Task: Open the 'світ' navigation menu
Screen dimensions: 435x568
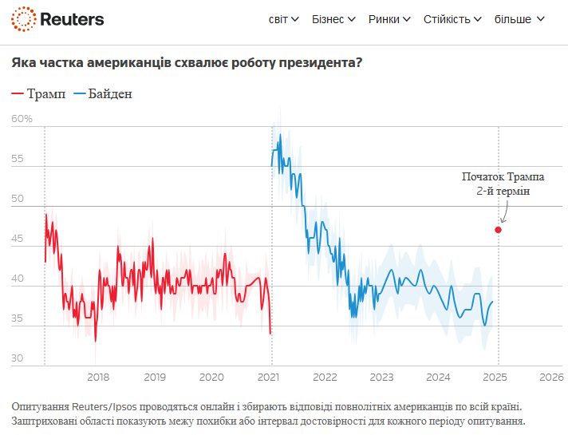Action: tap(283, 19)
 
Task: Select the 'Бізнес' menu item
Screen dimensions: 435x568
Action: tap(334, 19)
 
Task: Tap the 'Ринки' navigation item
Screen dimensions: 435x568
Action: tap(389, 19)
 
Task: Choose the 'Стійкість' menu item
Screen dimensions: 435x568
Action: tap(452, 19)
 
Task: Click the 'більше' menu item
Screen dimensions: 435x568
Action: tap(519, 19)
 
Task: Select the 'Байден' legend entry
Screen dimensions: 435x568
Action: tap(102, 94)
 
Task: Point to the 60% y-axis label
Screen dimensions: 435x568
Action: tap(22, 119)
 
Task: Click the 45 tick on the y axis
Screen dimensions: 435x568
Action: tap(18, 239)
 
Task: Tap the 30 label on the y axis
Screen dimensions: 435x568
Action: tap(18, 358)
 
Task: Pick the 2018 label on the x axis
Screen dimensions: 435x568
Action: tap(97, 377)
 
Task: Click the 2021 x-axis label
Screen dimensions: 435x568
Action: tap(269, 377)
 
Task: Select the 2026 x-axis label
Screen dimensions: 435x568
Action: tap(551, 377)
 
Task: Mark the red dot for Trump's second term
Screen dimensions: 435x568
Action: tap(499, 230)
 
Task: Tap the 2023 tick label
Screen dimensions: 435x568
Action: tap(381, 377)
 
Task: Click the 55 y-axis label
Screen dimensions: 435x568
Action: tap(18, 159)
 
